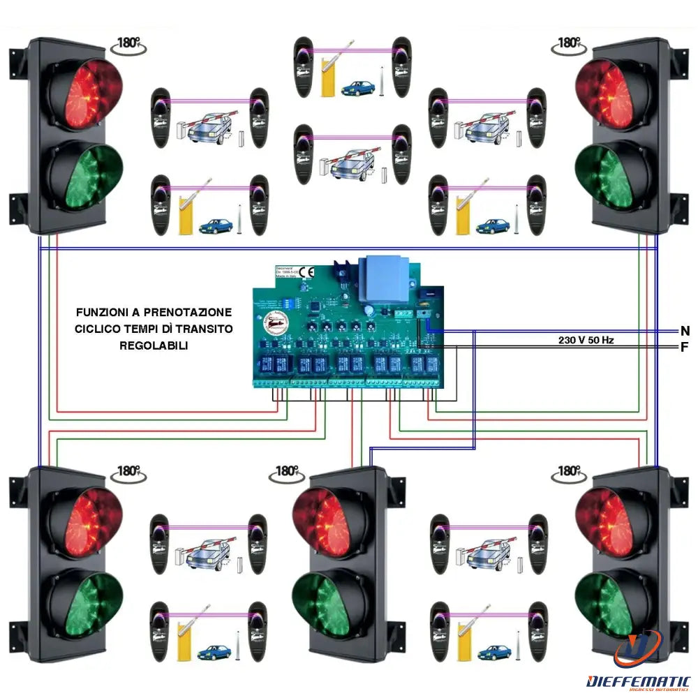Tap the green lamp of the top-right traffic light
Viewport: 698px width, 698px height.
[x=614, y=178]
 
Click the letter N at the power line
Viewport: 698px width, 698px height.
[x=684, y=331]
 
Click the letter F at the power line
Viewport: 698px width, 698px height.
[x=684, y=347]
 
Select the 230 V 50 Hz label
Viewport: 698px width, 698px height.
[x=586, y=340]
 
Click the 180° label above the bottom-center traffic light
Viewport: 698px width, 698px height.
[x=286, y=472]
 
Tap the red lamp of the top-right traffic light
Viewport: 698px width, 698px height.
[x=614, y=94]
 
